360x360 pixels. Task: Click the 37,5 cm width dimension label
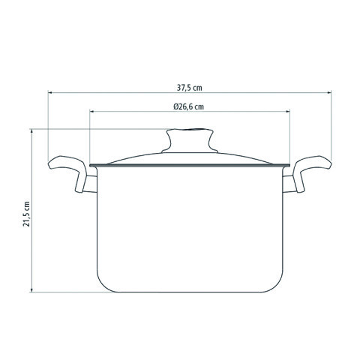coord(189,85)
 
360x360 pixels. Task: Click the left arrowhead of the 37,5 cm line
coord(51,93)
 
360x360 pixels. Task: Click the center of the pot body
coord(189,229)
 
